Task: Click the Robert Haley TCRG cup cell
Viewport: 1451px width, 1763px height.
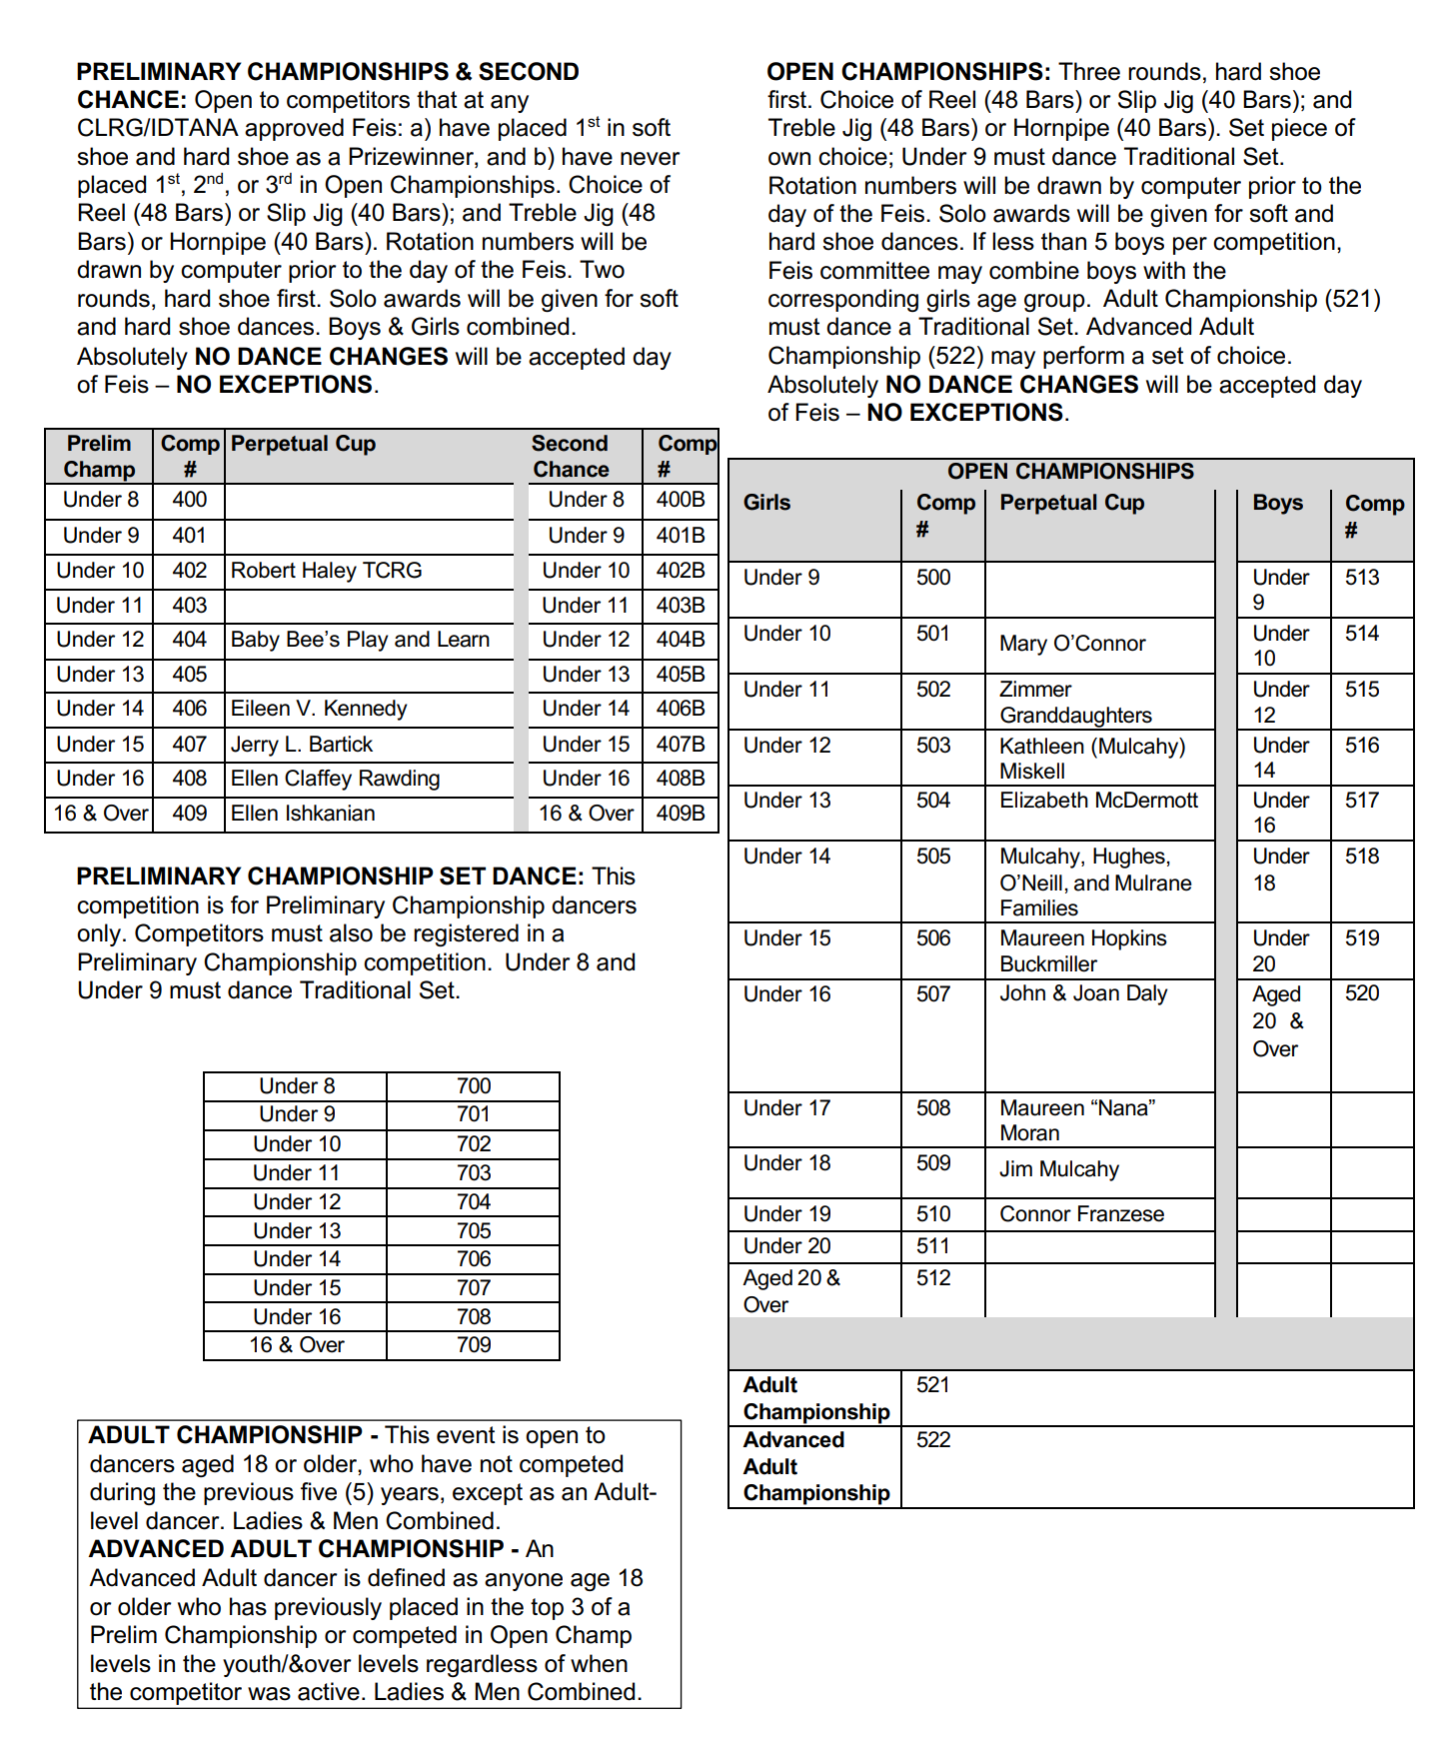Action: [327, 571]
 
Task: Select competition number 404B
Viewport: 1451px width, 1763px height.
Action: [681, 640]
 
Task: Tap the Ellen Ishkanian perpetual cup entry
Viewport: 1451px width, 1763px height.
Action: [303, 814]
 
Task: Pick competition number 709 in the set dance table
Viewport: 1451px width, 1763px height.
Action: [474, 1345]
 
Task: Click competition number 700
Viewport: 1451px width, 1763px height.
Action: [474, 1086]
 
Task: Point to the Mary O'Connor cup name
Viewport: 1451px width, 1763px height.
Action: [1072, 644]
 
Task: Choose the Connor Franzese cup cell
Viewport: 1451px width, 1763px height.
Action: [1081, 1214]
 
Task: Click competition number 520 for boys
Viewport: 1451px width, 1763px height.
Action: [1362, 993]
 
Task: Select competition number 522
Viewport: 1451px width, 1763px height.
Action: [933, 1440]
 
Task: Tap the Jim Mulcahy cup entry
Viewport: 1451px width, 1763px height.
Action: [1059, 1169]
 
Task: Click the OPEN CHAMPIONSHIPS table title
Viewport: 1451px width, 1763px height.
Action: [1070, 472]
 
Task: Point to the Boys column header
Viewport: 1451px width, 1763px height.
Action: [1277, 503]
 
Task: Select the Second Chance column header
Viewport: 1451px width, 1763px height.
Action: [570, 457]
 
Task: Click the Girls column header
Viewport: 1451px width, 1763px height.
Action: [766, 503]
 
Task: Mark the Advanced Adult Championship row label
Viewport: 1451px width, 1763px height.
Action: [815, 1466]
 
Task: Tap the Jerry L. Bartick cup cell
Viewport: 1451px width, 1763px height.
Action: [302, 745]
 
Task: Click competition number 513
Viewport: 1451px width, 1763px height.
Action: [1362, 578]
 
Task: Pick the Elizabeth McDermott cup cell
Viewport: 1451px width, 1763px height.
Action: [1098, 801]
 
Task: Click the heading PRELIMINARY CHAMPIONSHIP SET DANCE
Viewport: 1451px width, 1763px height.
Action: [330, 877]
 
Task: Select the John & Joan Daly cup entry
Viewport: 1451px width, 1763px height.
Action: [1083, 993]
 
